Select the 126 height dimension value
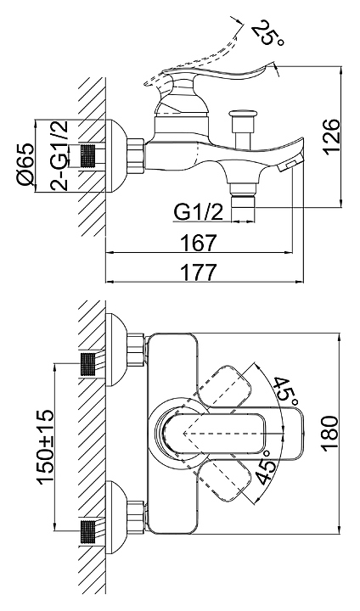[331, 137]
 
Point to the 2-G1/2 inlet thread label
[59, 155]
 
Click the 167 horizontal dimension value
[199, 243]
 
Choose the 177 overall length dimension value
[199, 272]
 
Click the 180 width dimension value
[331, 433]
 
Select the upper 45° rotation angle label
[284, 392]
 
